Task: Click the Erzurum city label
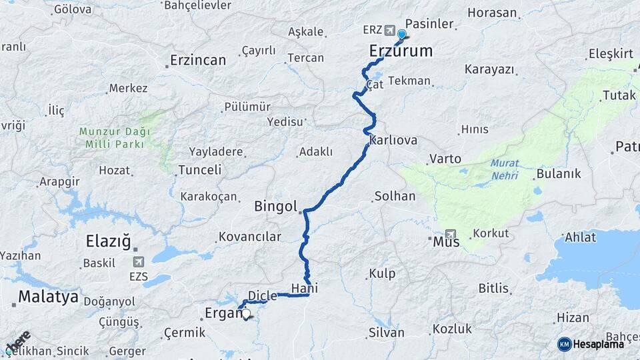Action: coord(401,51)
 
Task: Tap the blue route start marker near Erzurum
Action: coord(401,35)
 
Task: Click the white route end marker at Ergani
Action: coord(246,313)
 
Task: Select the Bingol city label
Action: coord(275,207)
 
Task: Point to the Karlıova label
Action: coord(393,140)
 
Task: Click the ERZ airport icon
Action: coord(389,30)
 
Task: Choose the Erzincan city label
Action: coord(198,60)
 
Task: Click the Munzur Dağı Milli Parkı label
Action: coord(112,138)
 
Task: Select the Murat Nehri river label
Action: coord(504,169)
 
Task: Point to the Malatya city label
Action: coord(48,296)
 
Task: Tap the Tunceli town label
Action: coord(199,170)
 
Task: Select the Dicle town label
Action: coord(262,296)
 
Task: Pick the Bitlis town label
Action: coord(493,289)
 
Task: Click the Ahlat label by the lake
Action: coord(580,237)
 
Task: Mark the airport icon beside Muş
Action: coord(451,235)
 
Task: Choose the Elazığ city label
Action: coord(108,241)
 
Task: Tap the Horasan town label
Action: coord(492,13)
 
